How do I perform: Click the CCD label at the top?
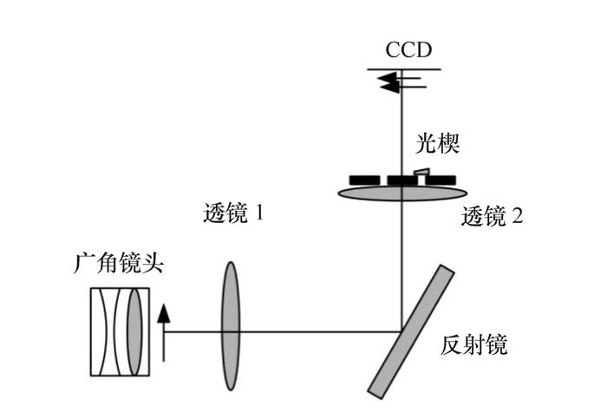click(408, 50)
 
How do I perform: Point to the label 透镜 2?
click(492, 216)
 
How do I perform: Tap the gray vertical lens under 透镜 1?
click(230, 308)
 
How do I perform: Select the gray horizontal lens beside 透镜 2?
click(400, 191)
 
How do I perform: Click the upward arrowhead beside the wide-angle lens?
click(163, 310)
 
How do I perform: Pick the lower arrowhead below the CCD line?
click(388, 85)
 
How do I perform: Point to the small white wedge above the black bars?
click(420, 173)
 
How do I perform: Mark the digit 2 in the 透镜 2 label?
click(517, 216)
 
